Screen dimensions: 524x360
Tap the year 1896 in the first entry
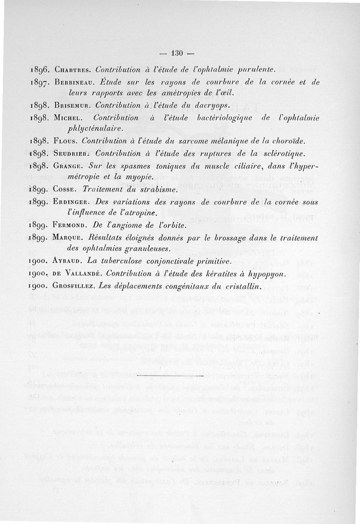coord(39,70)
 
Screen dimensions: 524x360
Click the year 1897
coord(39,83)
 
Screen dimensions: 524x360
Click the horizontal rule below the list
coord(175,374)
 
